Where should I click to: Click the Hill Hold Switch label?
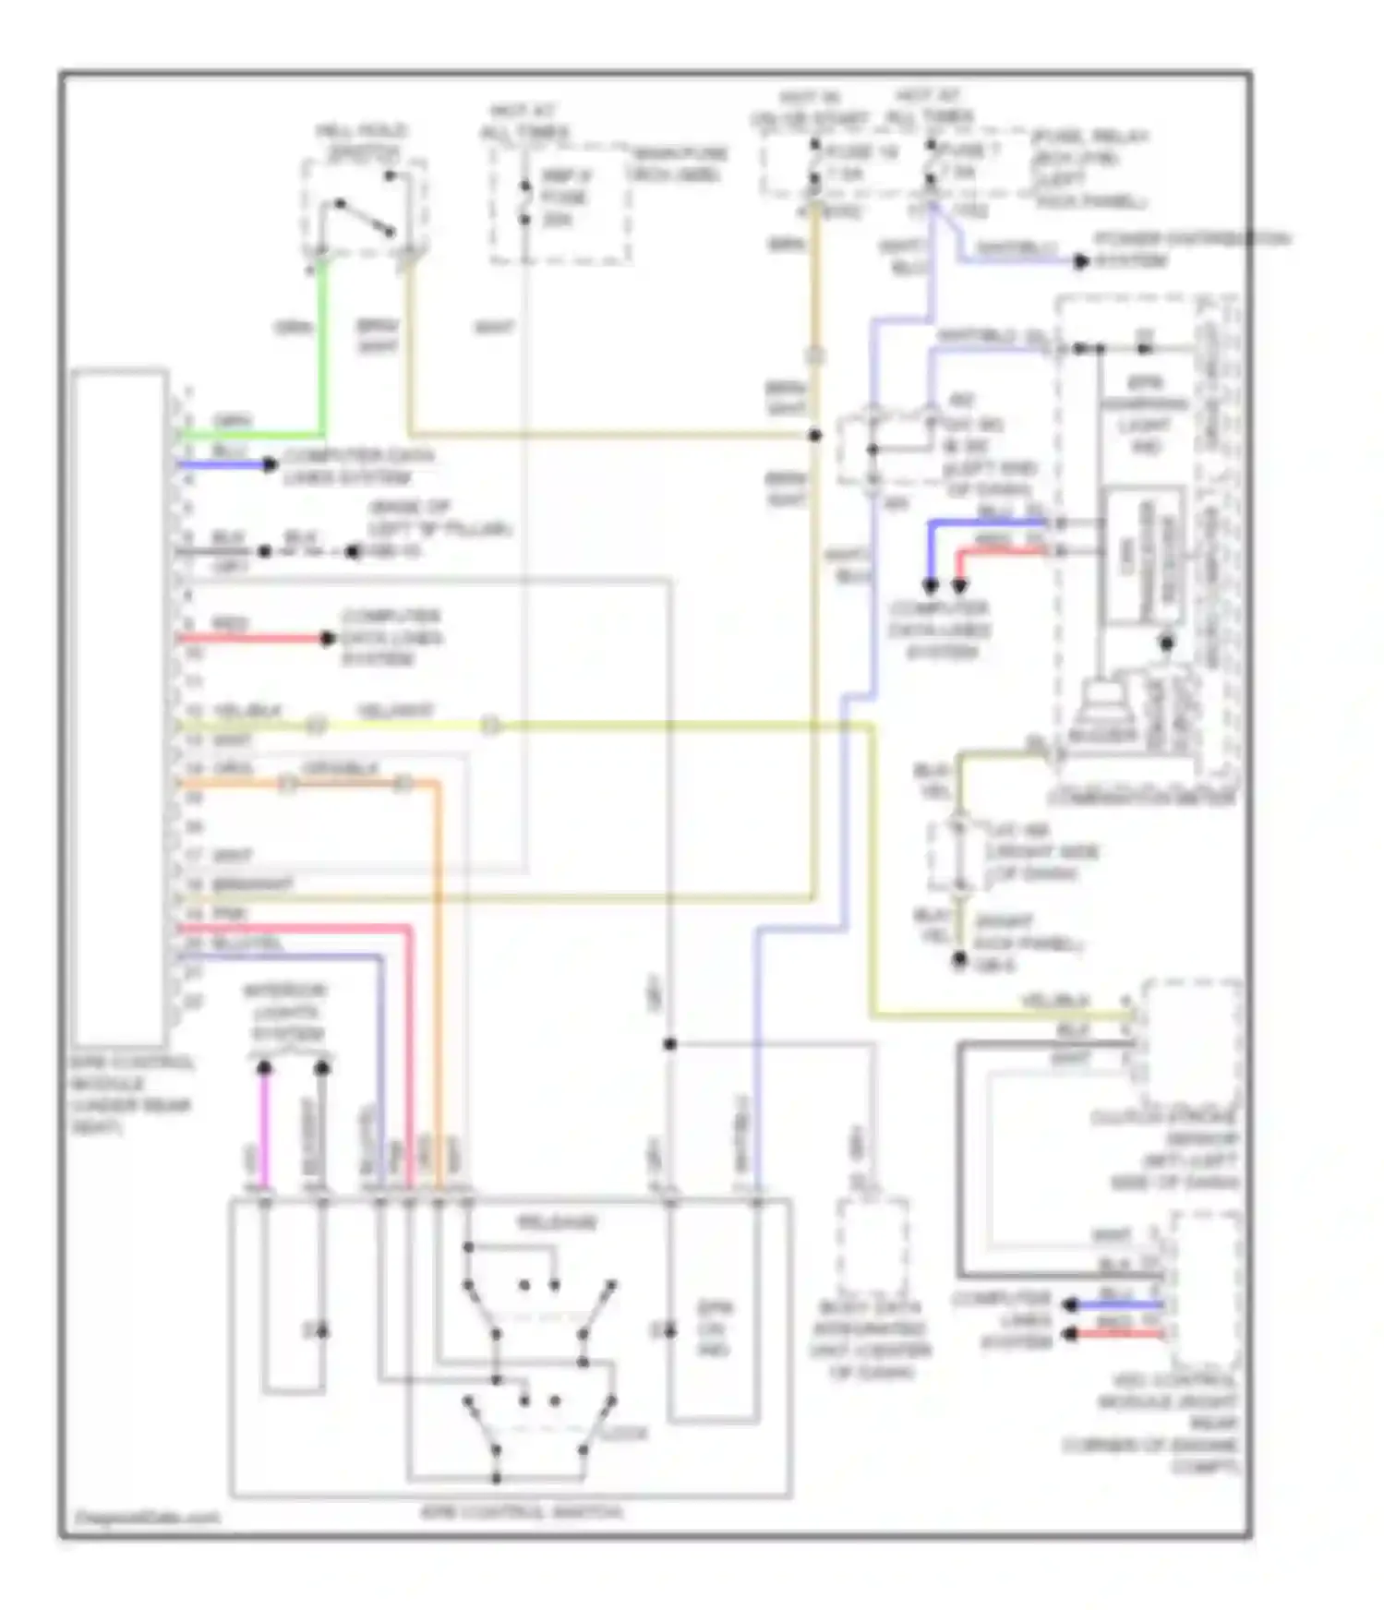click(362, 142)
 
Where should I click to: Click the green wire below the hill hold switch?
click(322, 351)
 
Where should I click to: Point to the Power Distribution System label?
click(1191, 249)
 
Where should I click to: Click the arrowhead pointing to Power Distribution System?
click(1080, 262)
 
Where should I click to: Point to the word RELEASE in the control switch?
click(557, 1222)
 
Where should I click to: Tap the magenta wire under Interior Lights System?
click(265, 1131)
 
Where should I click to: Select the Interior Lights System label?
click(285, 1012)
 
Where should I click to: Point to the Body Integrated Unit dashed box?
click(873, 1246)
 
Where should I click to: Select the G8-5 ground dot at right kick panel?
click(959, 961)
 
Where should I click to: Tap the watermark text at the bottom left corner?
click(146, 1517)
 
